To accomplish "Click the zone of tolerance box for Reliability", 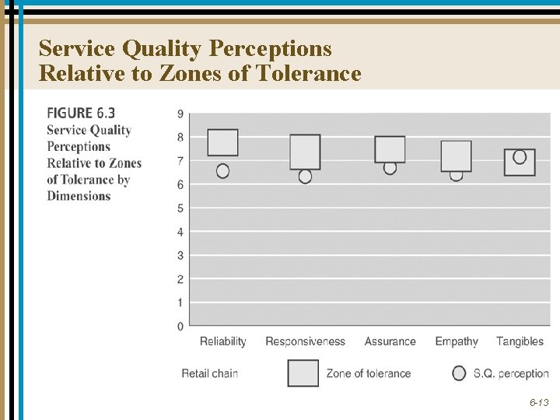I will click(223, 142).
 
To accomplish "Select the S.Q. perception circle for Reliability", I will click(223, 170).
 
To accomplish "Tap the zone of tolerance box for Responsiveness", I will click(305, 152).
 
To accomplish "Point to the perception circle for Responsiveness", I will click(305, 177).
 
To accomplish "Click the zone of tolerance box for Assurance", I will click(390, 149).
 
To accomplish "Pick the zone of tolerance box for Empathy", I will click(456, 156).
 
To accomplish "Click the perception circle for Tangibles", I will click(520, 157).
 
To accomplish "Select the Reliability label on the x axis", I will click(222, 341).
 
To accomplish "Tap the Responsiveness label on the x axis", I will click(305, 341).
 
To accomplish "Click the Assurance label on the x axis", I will click(390, 341).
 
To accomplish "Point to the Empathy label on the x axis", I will click(457, 341).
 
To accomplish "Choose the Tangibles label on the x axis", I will click(520, 341).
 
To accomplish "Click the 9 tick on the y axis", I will click(180, 114).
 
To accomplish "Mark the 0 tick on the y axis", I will click(180, 326).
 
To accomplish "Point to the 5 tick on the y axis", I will click(180, 208).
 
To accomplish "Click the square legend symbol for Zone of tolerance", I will click(303, 373).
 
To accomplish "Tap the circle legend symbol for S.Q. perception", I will click(459, 373).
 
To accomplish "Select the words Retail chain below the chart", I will click(209, 373).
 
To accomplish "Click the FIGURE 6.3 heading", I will click(81, 113).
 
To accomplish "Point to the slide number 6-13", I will click(539, 403).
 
